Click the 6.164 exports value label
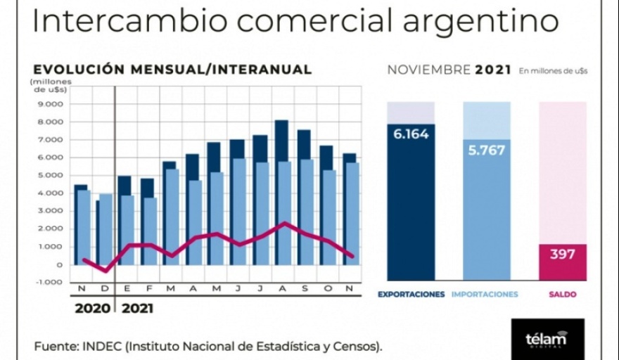click(x=411, y=134)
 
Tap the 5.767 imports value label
click(x=487, y=150)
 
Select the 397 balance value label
click(x=562, y=254)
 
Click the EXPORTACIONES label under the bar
click(x=411, y=295)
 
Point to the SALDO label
click(x=562, y=295)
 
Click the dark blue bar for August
click(x=281, y=141)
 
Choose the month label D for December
click(x=104, y=289)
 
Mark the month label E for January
click(x=127, y=289)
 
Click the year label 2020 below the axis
click(x=93, y=308)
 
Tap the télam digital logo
click(x=547, y=339)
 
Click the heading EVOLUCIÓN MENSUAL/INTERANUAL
click(x=172, y=70)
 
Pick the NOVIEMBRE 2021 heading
click(x=449, y=70)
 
